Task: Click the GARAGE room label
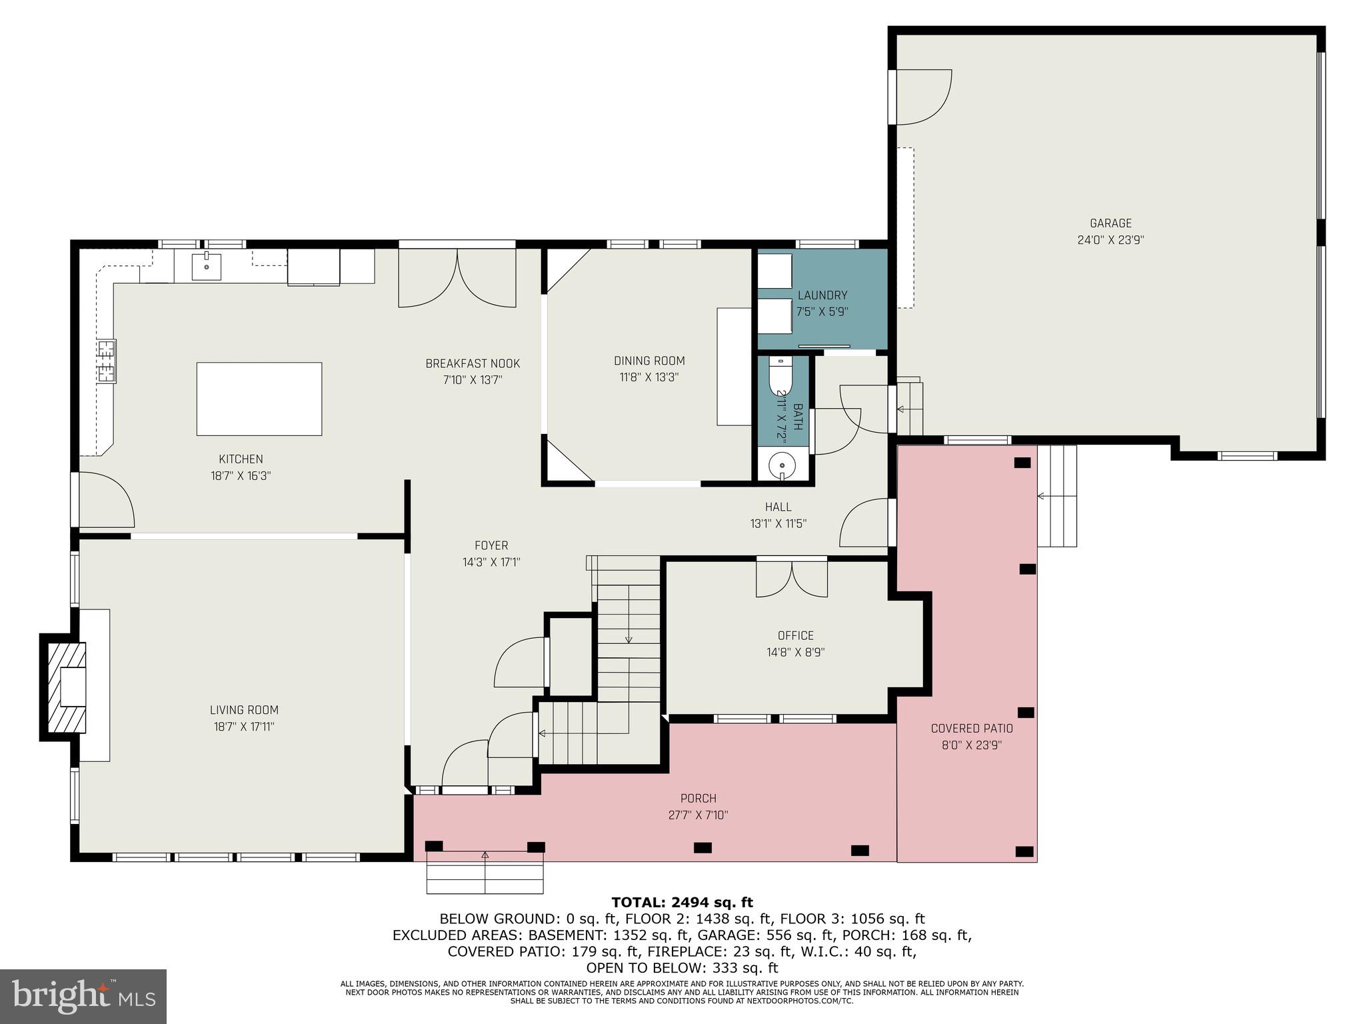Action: point(1110,223)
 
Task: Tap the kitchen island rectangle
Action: point(259,399)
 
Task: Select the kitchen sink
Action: point(207,266)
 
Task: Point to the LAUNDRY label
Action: point(822,295)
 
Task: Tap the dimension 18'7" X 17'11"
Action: point(243,727)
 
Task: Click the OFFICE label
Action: point(795,635)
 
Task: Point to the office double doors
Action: point(791,579)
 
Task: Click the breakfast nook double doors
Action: point(457,278)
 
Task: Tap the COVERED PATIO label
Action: point(971,729)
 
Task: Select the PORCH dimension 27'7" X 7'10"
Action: point(698,815)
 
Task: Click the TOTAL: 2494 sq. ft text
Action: point(682,903)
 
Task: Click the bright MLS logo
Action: point(83,996)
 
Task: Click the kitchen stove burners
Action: point(106,362)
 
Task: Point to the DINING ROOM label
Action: point(649,361)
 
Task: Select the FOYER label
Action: point(491,545)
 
